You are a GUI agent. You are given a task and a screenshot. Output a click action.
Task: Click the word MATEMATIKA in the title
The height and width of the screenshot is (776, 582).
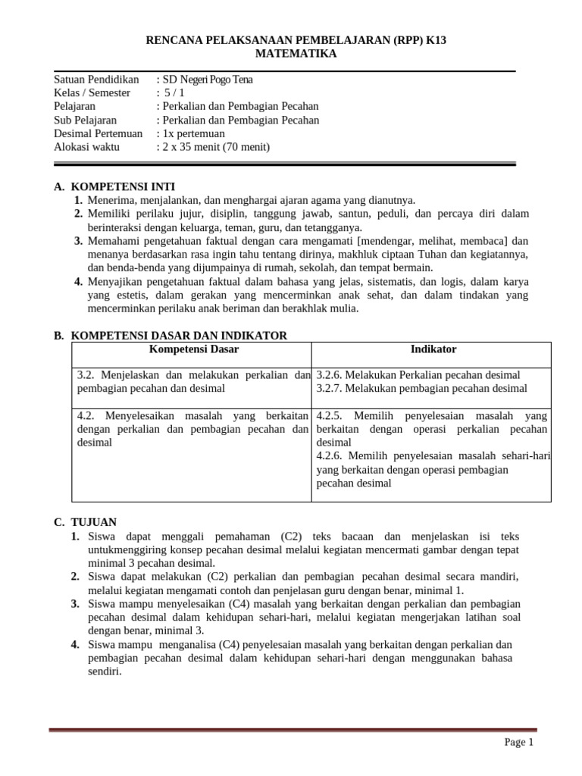[x=296, y=54]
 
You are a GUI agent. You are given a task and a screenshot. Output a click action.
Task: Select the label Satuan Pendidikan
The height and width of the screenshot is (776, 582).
[x=96, y=79]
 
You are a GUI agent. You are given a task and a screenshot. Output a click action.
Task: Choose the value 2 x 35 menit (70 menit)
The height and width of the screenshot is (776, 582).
[x=217, y=147]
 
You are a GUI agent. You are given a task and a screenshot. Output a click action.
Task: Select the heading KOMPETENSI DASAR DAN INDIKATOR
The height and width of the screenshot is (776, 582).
[x=178, y=335]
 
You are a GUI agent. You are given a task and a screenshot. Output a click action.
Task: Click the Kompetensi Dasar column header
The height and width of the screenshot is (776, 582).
[x=193, y=349]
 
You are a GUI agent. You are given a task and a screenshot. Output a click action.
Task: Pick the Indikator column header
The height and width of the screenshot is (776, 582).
[x=433, y=349]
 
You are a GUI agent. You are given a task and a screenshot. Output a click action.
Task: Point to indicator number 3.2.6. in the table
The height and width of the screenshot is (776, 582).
[x=330, y=375]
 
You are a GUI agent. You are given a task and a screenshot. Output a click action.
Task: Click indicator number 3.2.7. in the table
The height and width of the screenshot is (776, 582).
[x=330, y=389]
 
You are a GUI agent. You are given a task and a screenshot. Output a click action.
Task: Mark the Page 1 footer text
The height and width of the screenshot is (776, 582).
[x=519, y=743]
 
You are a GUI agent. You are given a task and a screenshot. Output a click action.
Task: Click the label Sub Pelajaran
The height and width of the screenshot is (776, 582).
[x=86, y=120]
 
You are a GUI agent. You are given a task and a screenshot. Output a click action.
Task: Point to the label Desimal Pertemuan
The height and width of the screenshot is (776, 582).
[x=99, y=133]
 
